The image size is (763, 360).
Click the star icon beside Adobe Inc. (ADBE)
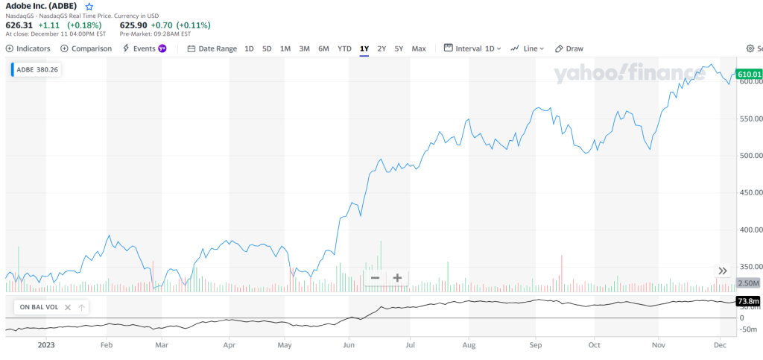point(89,6)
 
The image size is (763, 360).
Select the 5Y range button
point(399,48)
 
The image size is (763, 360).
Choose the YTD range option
point(344,48)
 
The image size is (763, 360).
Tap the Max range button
point(419,48)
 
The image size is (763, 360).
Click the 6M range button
point(323,48)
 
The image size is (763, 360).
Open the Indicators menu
point(28,48)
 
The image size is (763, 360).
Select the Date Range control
point(212,48)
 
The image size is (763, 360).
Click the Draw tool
point(569,48)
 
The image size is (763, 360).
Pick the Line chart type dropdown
point(528,48)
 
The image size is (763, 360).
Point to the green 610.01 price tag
point(749,74)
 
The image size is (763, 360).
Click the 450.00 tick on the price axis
point(749,192)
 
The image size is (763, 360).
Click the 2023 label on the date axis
point(46,345)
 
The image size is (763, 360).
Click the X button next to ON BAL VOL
point(67,307)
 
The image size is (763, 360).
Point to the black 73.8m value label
point(748,301)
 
